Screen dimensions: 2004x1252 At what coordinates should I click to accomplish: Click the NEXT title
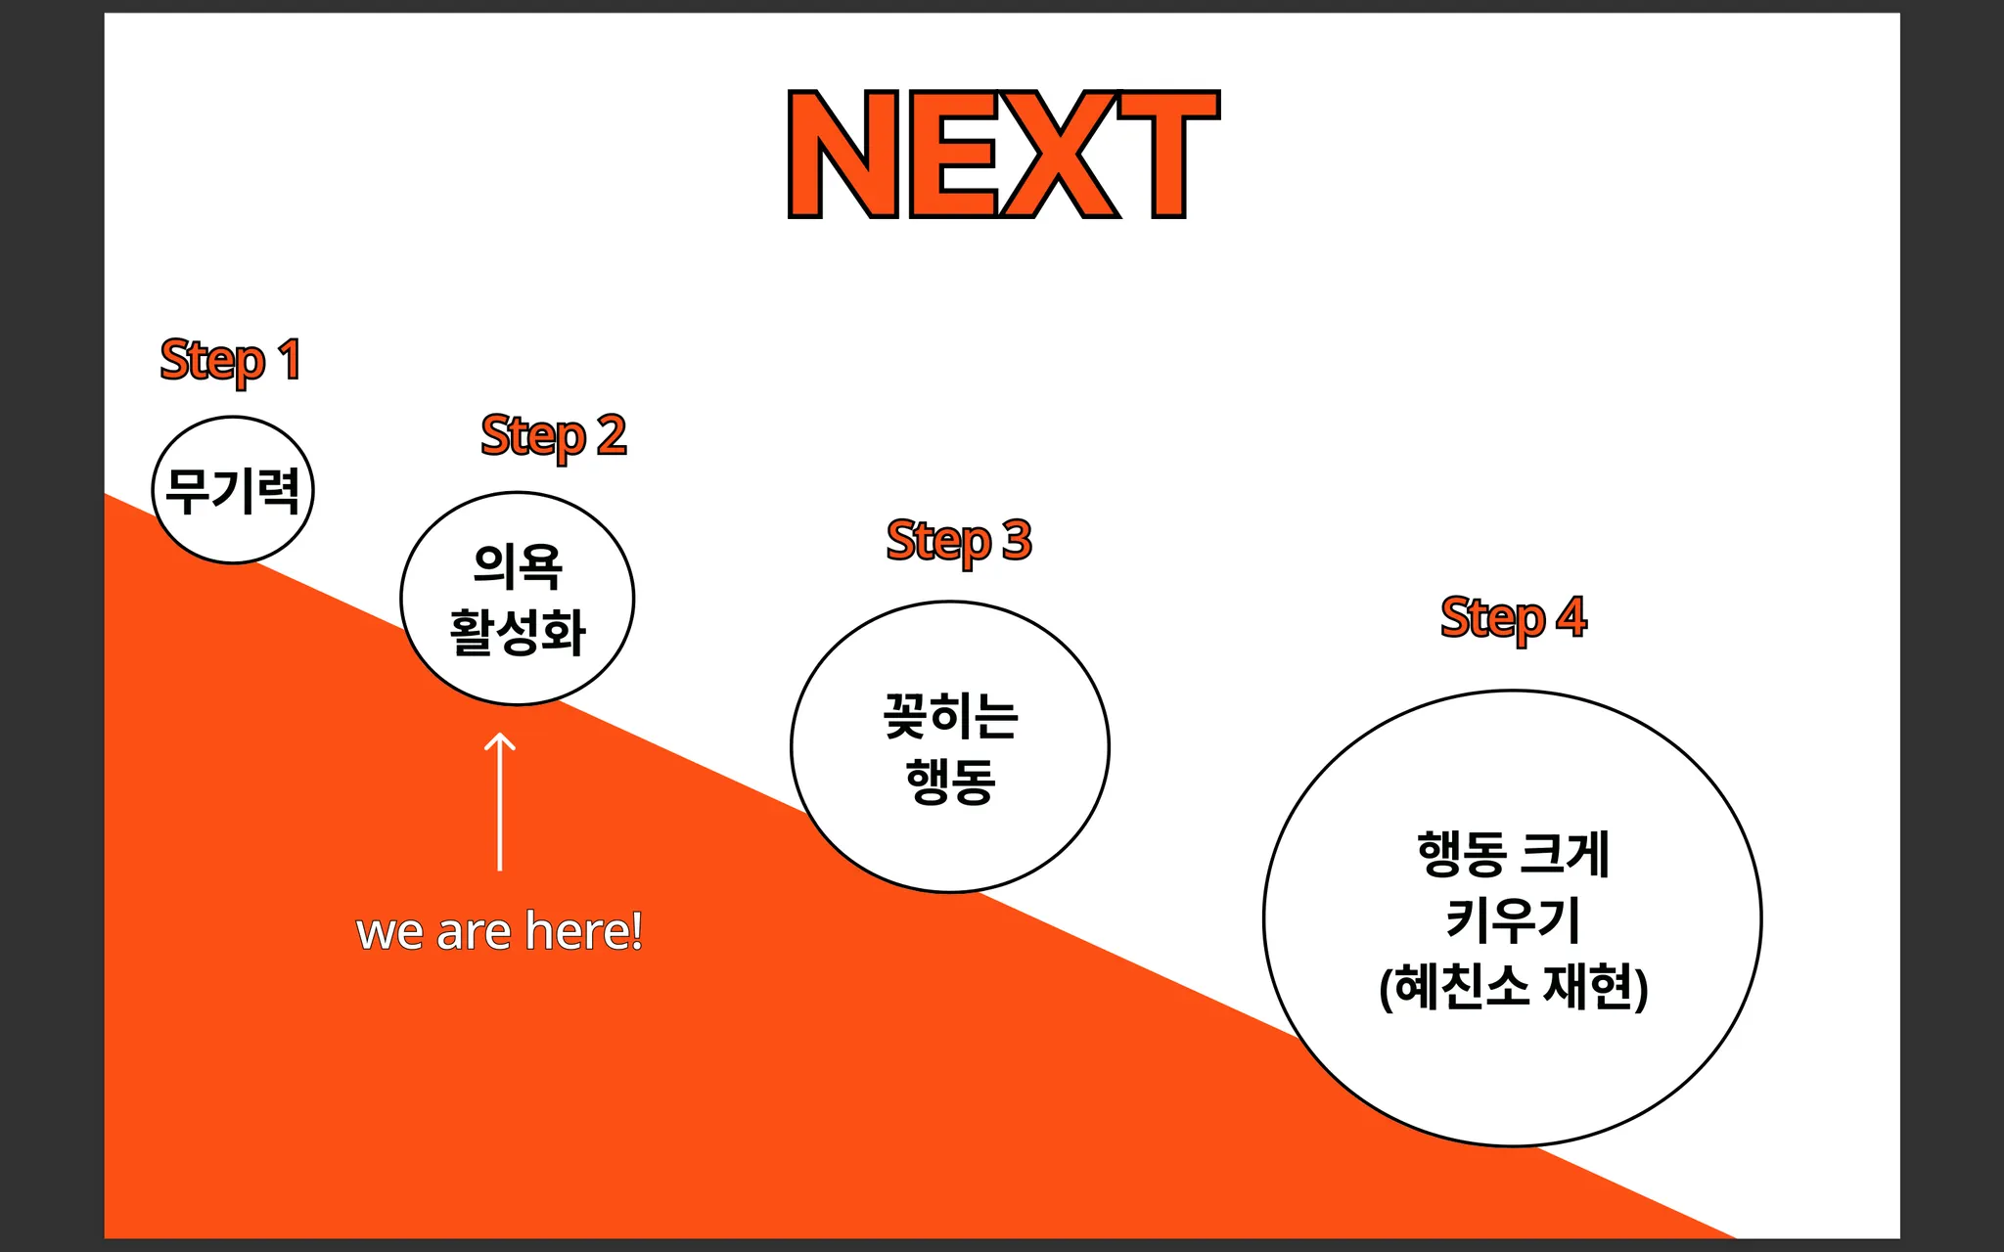(1003, 155)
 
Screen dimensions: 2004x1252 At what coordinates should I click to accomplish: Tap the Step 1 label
(231, 360)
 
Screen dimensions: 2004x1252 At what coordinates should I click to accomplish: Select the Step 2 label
(553, 435)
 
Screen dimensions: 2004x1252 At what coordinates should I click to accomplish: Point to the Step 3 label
(959, 540)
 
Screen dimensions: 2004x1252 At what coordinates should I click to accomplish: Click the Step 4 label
(1513, 617)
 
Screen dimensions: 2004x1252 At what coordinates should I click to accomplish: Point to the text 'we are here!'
(499, 931)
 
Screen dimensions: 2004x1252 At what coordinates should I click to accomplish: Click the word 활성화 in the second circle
(518, 632)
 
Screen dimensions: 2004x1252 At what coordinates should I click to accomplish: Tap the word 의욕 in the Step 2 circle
(518, 565)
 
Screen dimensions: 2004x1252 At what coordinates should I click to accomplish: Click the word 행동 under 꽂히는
(950, 781)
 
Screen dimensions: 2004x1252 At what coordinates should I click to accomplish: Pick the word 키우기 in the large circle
(1513, 919)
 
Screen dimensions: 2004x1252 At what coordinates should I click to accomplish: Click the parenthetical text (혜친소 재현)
(1513, 986)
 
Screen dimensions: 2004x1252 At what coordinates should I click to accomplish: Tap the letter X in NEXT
(1060, 155)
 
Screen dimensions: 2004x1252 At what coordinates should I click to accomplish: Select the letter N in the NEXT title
(843, 155)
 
